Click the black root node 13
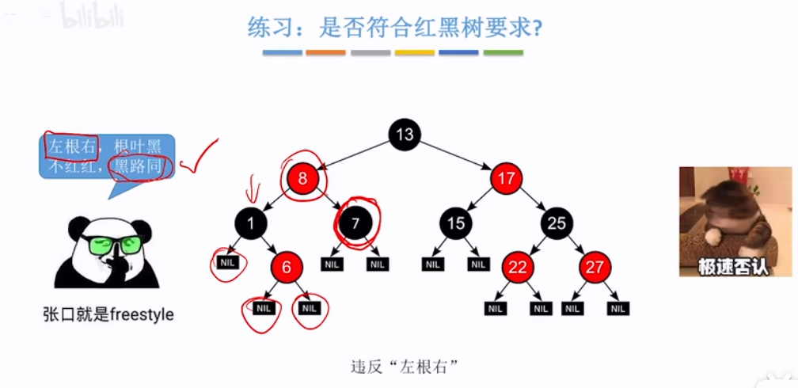tap(405, 134)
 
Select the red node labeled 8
tap(302, 178)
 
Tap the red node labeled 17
tap(506, 178)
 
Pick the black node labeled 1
tap(251, 223)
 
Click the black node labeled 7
tap(355, 223)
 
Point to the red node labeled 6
tap(287, 268)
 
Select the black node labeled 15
tap(455, 223)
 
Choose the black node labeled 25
tap(557, 223)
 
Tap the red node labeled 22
tap(517, 268)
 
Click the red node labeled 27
tap(595, 268)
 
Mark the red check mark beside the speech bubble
tap(198, 158)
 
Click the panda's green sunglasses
tap(112, 243)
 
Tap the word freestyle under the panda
tap(142, 314)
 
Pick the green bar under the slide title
tap(503, 53)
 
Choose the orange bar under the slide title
tap(325, 53)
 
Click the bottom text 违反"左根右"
tap(405, 367)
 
